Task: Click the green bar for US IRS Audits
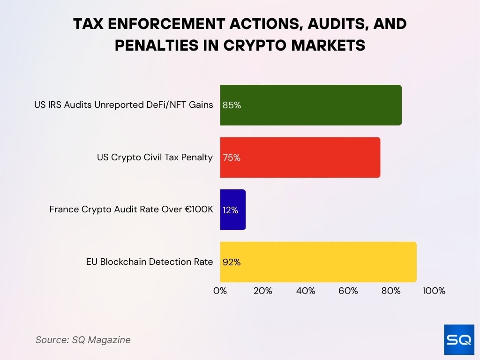pos(310,105)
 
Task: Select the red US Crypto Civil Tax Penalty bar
pos(300,157)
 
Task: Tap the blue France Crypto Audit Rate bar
pos(233,210)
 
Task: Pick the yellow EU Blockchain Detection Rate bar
pos(318,262)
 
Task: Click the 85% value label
pos(232,105)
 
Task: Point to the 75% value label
pos(232,158)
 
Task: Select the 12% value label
pos(230,210)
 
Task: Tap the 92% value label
pos(232,262)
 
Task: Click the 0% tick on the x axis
pos(220,291)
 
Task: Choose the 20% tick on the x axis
pos(262,291)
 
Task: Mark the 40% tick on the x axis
pos(306,291)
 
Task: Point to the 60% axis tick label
pos(348,291)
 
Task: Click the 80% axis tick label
pos(391,291)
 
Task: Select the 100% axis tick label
pos(434,291)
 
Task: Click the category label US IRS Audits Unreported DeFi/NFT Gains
pos(123,105)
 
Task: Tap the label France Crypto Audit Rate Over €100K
pos(131,210)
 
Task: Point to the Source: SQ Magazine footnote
pos(83,340)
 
